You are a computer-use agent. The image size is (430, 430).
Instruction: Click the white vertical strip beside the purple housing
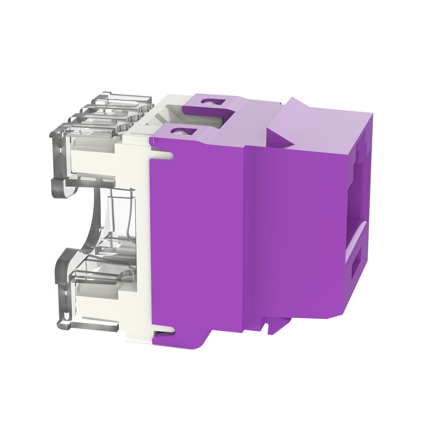coord(139,244)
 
